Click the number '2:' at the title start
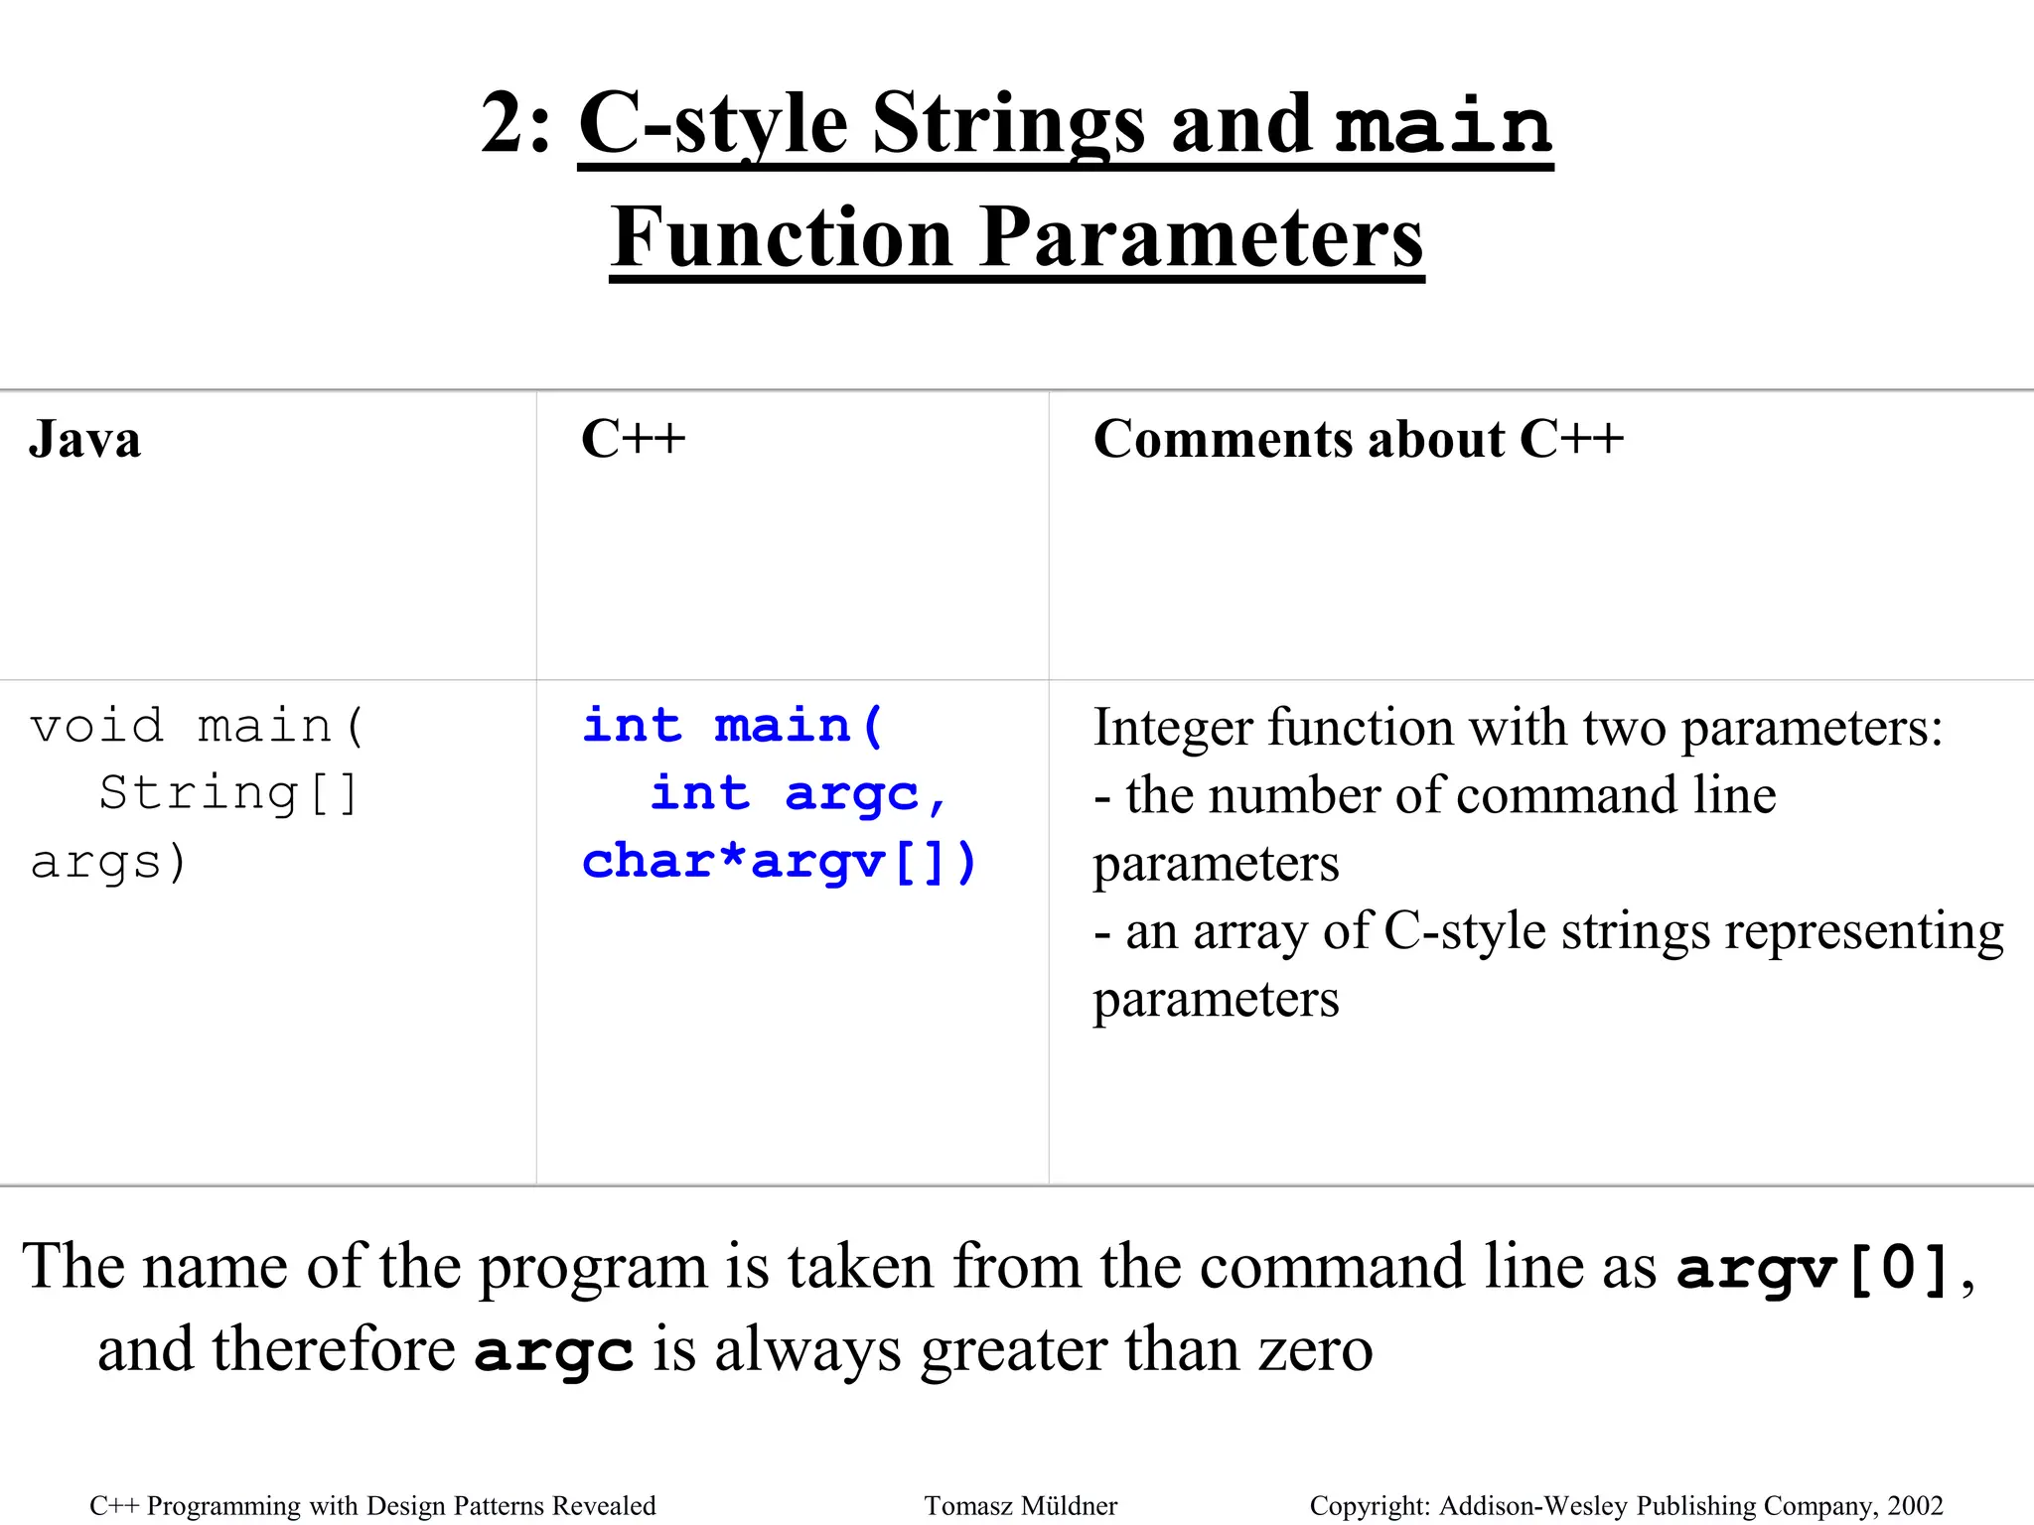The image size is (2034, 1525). coord(514,124)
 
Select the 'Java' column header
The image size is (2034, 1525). coord(84,440)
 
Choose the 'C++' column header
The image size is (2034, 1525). coord(633,440)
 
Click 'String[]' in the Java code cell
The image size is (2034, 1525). coord(228,794)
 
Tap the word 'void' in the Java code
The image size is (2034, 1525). coord(96,726)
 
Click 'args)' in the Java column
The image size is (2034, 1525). coord(108,862)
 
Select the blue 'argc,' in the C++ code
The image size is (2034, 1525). coord(865,794)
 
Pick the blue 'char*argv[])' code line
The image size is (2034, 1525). coord(780,862)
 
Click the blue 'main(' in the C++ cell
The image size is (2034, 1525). coord(799,726)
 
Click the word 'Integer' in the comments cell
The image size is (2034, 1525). coord(1173,728)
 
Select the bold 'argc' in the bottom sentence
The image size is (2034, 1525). coord(553,1351)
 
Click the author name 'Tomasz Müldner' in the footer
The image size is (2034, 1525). coord(1021,1506)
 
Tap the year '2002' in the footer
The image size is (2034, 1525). coord(1915,1506)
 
